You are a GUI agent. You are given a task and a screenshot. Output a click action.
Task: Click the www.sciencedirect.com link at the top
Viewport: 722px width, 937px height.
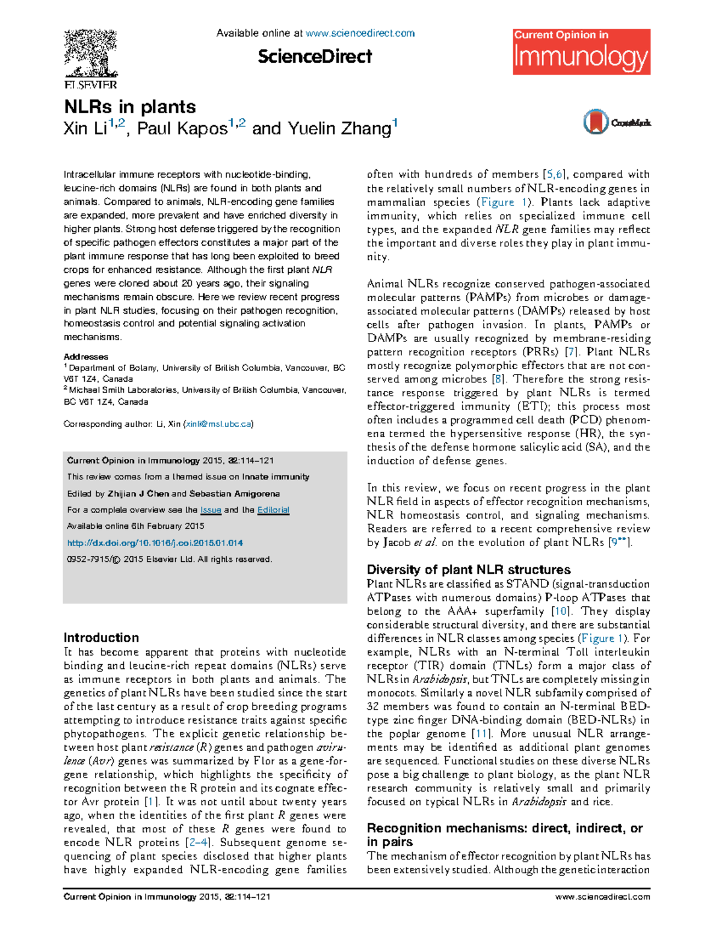[x=360, y=33]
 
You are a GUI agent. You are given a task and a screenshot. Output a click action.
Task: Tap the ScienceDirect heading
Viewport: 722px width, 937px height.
[x=315, y=57]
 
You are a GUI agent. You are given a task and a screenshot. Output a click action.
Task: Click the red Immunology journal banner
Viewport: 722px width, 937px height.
[x=581, y=52]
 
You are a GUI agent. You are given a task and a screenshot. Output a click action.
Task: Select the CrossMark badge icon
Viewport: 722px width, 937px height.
[x=596, y=122]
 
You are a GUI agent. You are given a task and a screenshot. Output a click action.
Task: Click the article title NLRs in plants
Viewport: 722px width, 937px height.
[x=130, y=107]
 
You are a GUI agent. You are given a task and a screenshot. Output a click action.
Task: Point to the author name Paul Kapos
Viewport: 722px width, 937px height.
[x=182, y=129]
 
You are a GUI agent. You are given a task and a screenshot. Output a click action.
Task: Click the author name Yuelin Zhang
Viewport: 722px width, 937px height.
[x=339, y=129]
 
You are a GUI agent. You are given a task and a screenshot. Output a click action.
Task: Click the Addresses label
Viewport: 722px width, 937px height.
[x=86, y=356]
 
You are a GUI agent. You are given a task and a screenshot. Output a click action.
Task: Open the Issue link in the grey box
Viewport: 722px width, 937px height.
[x=211, y=509]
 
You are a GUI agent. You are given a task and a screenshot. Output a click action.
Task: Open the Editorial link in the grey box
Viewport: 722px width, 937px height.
[x=273, y=509]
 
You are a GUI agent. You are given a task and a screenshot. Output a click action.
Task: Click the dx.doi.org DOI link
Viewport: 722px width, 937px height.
[x=155, y=543]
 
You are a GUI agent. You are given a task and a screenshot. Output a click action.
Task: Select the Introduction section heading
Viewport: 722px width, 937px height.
[x=101, y=638]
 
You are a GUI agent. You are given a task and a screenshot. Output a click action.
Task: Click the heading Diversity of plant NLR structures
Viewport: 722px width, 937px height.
[x=469, y=570]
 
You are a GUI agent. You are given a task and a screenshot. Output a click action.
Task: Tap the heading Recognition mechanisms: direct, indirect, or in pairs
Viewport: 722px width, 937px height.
[x=504, y=835]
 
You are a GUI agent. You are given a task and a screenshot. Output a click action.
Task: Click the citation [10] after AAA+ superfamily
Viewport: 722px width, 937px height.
[x=560, y=611]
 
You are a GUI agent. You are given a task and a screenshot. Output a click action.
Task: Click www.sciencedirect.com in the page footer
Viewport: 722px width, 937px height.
[x=602, y=897]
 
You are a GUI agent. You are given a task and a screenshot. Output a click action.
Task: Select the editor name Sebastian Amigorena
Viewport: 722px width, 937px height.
[x=235, y=493]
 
